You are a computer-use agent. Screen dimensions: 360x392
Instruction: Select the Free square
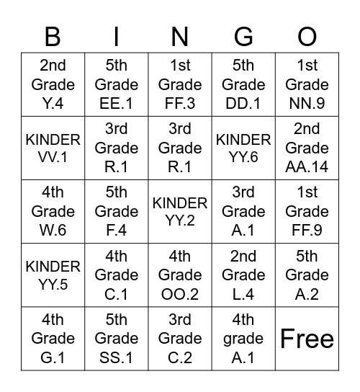click(307, 338)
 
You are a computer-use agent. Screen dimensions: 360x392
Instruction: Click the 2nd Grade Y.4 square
click(53, 84)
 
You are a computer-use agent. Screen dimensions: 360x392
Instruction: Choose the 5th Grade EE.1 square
click(117, 84)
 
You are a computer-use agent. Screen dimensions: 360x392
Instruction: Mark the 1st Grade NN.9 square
click(307, 84)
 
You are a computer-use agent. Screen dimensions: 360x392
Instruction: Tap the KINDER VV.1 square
click(53, 148)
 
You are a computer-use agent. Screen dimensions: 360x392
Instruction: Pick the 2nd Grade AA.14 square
click(307, 148)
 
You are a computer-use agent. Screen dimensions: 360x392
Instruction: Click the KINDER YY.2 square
click(180, 211)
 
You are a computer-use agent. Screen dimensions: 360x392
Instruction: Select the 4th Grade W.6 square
click(53, 211)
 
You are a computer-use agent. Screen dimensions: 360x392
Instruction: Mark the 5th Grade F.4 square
click(117, 211)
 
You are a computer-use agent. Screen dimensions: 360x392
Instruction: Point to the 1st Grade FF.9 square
click(307, 211)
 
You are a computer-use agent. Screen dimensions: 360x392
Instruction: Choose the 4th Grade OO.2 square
click(180, 275)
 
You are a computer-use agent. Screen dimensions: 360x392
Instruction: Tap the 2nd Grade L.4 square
click(243, 275)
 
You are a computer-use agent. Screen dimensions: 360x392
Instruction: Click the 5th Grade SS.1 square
click(117, 338)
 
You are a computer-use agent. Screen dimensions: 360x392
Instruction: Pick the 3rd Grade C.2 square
click(180, 338)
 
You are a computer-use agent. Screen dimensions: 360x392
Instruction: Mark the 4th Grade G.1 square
click(53, 338)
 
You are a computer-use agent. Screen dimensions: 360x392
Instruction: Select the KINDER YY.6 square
click(243, 148)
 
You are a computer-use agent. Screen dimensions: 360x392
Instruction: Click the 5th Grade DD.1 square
click(243, 84)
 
